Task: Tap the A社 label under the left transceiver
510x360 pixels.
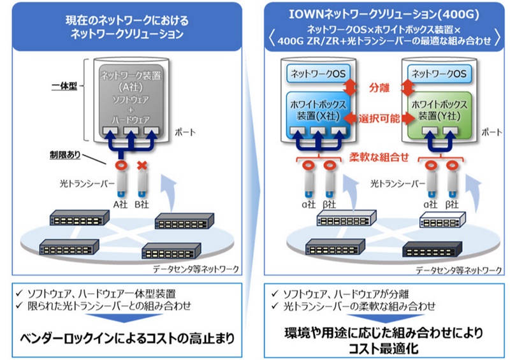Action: pos(121,204)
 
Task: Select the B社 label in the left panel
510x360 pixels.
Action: pos(144,204)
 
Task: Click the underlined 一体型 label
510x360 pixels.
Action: pos(64,85)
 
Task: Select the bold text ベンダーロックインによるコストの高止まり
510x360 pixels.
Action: pos(125,336)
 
